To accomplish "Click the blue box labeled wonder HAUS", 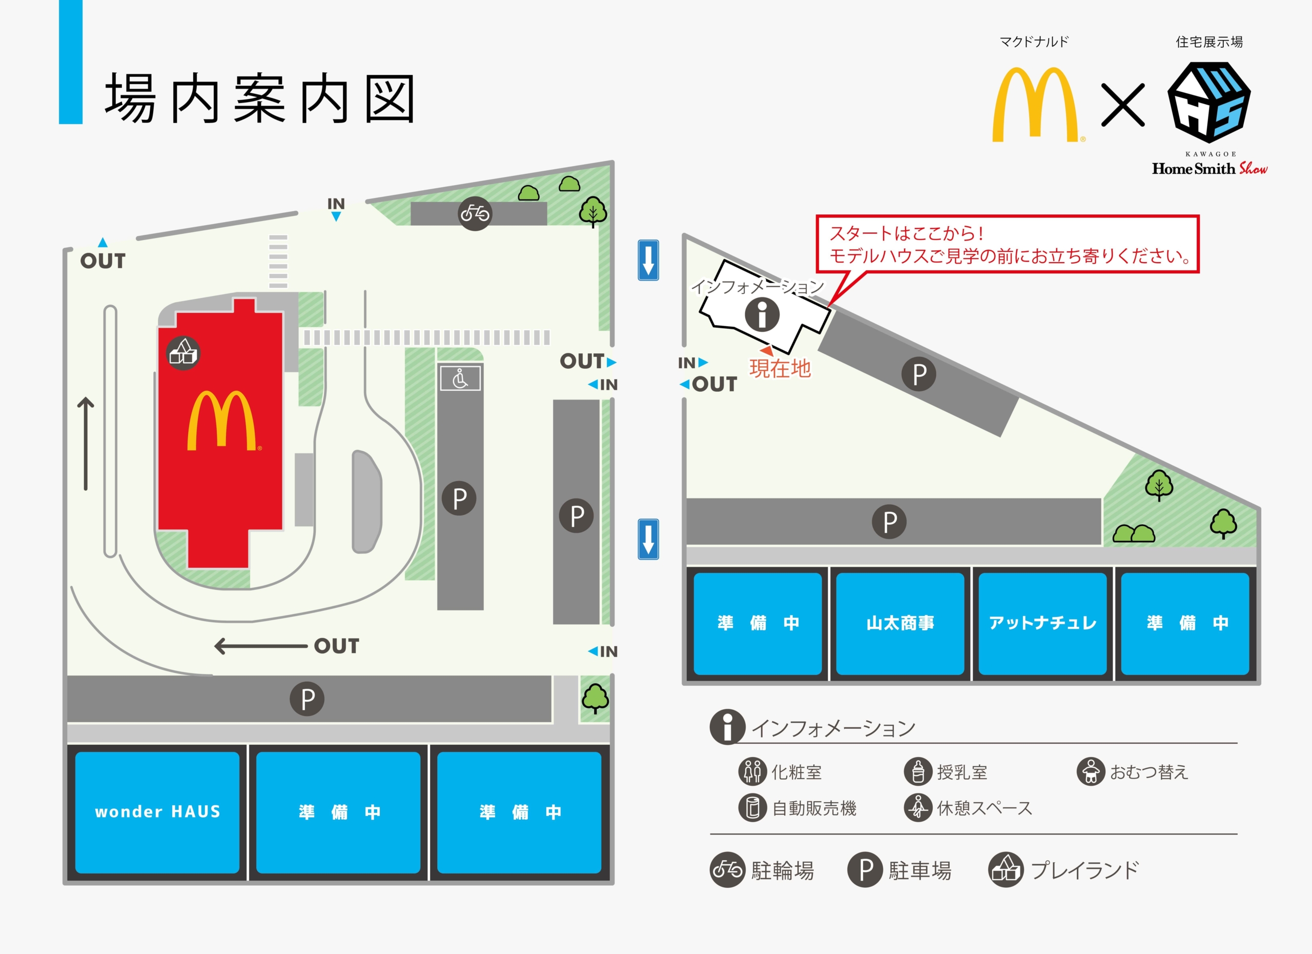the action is click(x=157, y=811).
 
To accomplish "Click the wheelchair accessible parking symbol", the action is click(x=460, y=379).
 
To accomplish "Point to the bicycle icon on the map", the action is click(x=475, y=213).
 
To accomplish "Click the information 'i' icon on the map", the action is click(x=762, y=315).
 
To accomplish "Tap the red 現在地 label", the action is click(x=780, y=368).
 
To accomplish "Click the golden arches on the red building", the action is click(x=222, y=421).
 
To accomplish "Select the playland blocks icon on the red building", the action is click(x=183, y=353).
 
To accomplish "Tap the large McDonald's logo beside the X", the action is click(x=1035, y=105).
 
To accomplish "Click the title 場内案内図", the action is click(x=260, y=98).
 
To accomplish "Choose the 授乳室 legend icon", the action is click(x=918, y=771).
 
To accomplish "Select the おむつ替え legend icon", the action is click(x=1091, y=771).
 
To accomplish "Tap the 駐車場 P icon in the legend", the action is click(x=866, y=869).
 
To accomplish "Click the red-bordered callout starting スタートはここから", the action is click(x=1007, y=244).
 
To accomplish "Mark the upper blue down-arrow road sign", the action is click(x=648, y=260).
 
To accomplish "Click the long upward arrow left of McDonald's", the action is click(x=86, y=444).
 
